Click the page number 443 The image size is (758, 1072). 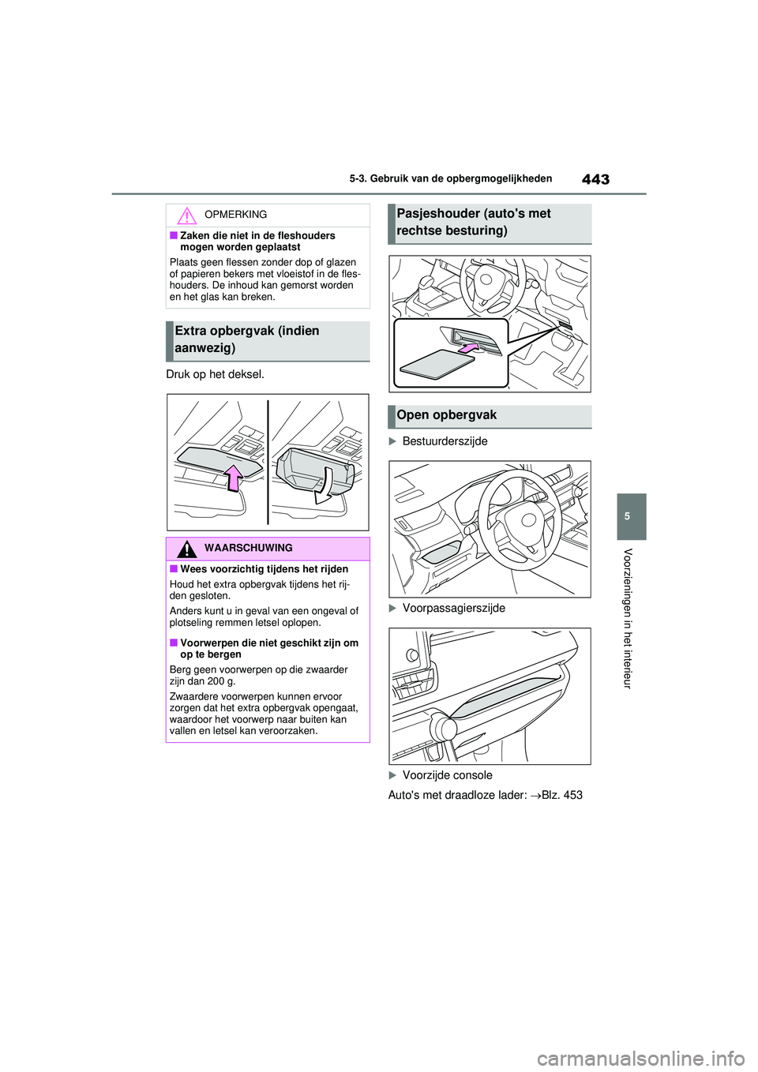pyautogui.click(x=595, y=179)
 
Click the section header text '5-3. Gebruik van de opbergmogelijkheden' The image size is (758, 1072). pyautogui.click(x=450, y=178)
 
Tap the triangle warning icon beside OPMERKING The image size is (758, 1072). pyautogui.click(x=186, y=216)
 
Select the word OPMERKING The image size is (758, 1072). pyautogui.click(x=235, y=215)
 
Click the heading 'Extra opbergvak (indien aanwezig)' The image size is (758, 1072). pyautogui.click(x=247, y=339)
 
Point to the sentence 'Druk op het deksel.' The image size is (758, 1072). pyautogui.click(x=215, y=374)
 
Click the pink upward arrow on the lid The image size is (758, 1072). pyautogui.click(x=233, y=477)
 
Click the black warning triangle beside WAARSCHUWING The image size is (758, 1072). pyautogui.click(x=186, y=549)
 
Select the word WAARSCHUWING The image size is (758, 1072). pyautogui.click(x=248, y=548)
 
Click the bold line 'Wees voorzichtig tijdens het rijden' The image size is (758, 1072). pyautogui.click(x=264, y=569)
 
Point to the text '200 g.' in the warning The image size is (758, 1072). pyautogui.click(x=221, y=681)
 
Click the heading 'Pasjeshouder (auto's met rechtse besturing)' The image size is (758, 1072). pyautogui.click(x=474, y=222)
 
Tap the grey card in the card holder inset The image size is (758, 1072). pyautogui.click(x=437, y=364)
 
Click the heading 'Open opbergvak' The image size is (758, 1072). pyautogui.click(x=447, y=415)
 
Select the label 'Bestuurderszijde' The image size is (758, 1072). pyautogui.click(x=445, y=441)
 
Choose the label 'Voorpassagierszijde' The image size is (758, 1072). pyautogui.click(x=453, y=608)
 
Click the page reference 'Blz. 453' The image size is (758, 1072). pyautogui.click(x=561, y=795)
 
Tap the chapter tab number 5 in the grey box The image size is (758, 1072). pyautogui.click(x=627, y=516)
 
